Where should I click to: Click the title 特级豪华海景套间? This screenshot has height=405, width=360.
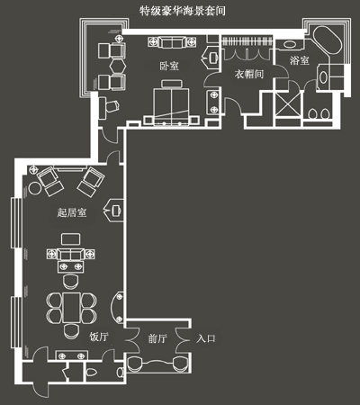pyautogui.click(x=183, y=11)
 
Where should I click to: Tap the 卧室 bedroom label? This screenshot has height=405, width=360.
pyautogui.click(x=169, y=66)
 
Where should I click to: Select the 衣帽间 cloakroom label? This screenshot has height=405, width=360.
pyautogui.click(x=249, y=74)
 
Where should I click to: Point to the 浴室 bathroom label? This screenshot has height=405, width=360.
pyautogui.click(x=299, y=60)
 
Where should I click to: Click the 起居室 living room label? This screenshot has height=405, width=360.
pyautogui.click(x=72, y=212)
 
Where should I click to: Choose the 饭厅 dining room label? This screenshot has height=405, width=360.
pyautogui.click(x=99, y=337)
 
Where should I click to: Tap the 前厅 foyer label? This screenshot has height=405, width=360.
pyautogui.click(x=157, y=338)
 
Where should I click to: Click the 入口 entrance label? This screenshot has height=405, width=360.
pyautogui.click(x=206, y=338)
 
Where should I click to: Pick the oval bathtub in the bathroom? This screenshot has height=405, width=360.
pyautogui.click(x=328, y=41)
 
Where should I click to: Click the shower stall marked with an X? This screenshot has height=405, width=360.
pyautogui.click(x=288, y=104)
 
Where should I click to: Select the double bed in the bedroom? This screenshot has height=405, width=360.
pyautogui.click(x=171, y=105)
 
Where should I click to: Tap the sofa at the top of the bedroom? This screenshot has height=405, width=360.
pyautogui.click(x=172, y=42)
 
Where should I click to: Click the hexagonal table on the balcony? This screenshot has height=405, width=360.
pyautogui.click(x=117, y=66)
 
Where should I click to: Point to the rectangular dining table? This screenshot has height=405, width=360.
pyautogui.click(x=72, y=308)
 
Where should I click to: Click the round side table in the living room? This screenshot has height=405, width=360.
pyautogui.click(x=35, y=188)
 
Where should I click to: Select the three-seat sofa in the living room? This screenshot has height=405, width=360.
pyautogui.click(x=71, y=255)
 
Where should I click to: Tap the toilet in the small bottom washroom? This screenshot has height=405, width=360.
pyautogui.click(x=91, y=372)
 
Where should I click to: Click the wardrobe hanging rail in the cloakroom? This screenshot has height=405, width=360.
pyautogui.click(x=247, y=40)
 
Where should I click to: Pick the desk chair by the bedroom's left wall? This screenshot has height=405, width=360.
pyautogui.click(x=112, y=105)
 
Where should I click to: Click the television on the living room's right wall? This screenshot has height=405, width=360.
pyautogui.click(x=116, y=211)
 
